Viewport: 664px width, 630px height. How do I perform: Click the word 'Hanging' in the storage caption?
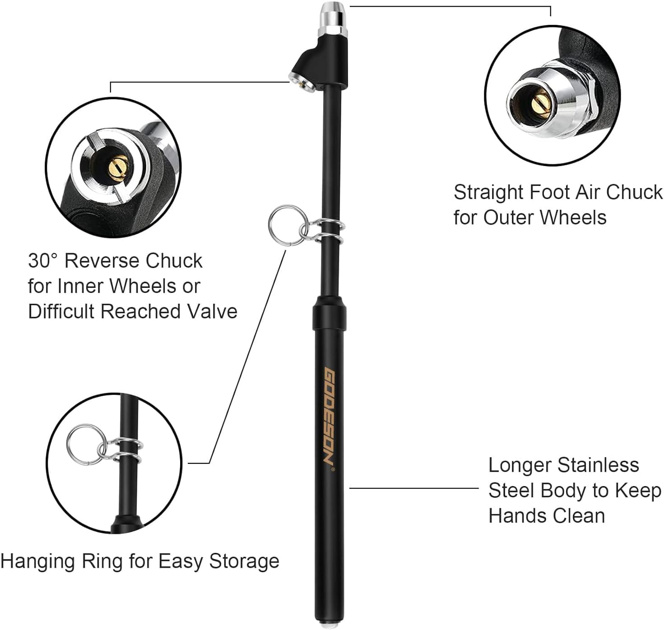click(38, 561)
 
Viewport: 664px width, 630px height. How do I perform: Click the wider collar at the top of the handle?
click(330, 311)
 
